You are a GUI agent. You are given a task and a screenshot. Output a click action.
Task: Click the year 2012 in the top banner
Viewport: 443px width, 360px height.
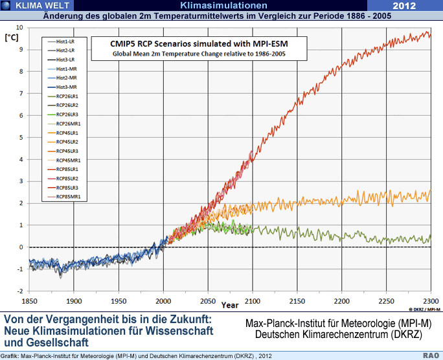click(408, 6)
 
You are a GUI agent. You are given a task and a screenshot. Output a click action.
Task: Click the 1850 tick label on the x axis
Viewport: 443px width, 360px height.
click(30, 302)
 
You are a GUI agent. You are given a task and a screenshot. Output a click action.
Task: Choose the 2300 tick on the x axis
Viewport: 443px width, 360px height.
click(430, 302)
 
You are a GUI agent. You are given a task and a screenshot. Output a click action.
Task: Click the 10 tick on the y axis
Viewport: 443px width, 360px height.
click(19, 28)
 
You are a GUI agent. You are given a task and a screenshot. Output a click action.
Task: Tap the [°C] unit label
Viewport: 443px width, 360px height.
click(12, 38)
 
